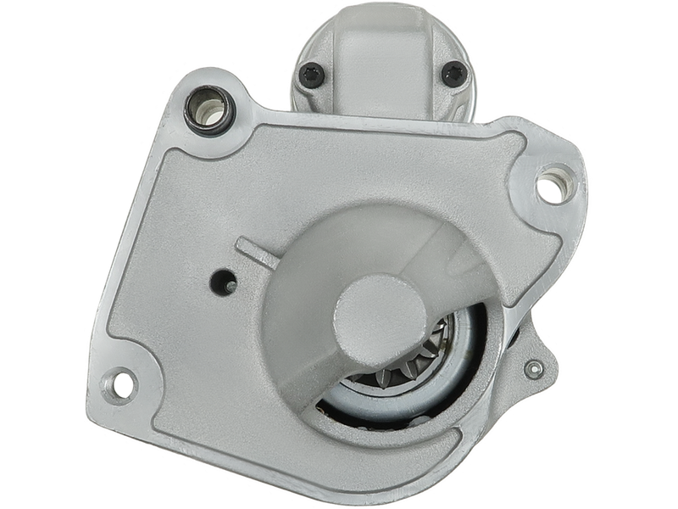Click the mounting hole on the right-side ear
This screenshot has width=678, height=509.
coord(551,187)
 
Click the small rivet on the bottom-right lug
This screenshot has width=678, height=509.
coord(534,369)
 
